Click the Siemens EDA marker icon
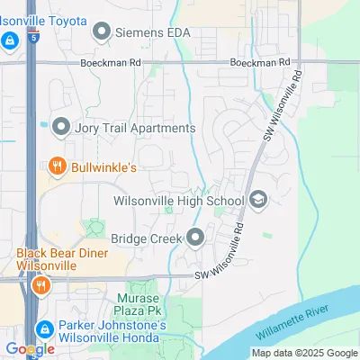[x=102, y=32]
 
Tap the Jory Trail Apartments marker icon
[x=61, y=127]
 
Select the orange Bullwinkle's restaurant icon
[x=57, y=166]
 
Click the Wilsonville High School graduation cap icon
[x=258, y=201]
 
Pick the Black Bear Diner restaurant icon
[x=40, y=287]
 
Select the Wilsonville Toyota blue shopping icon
[x=9, y=40]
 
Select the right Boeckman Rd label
[x=261, y=63]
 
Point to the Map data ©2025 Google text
[x=304, y=353]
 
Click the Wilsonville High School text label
[x=180, y=201]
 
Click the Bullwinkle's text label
[x=103, y=166]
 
